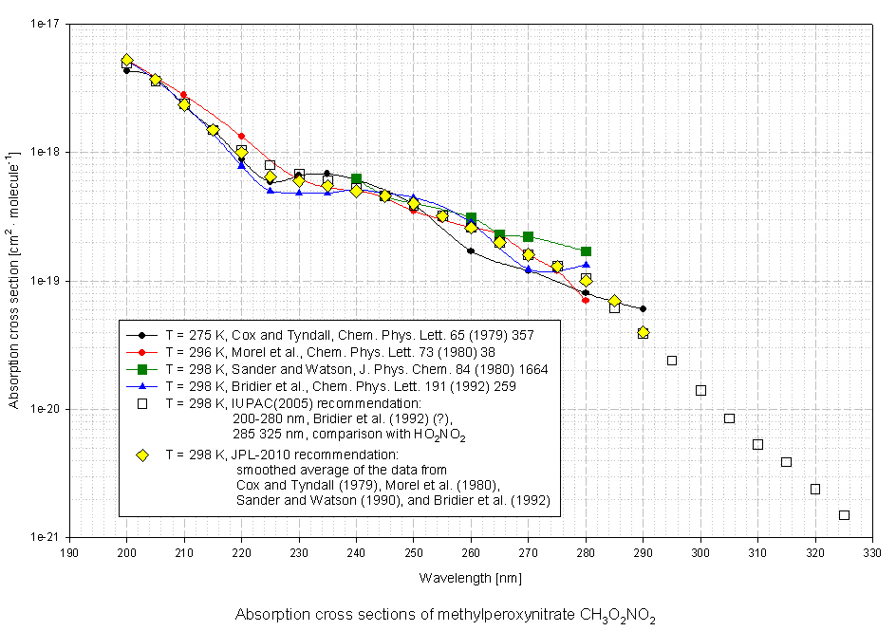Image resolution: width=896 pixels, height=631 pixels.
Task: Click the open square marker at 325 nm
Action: (x=844, y=515)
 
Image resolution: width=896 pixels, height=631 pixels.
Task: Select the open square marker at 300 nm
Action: (x=700, y=390)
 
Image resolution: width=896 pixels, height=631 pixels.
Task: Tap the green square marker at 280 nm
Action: (x=586, y=251)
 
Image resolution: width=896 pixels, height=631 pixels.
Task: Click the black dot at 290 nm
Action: (x=643, y=308)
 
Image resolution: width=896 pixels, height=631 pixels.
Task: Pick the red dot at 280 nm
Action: (x=586, y=300)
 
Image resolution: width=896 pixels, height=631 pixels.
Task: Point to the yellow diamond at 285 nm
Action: (x=614, y=301)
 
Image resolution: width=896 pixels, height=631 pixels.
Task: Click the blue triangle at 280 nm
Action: (x=586, y=265)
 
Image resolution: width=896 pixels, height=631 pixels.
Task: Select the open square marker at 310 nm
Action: (x=757, y=444)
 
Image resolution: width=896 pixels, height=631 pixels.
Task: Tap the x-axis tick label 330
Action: (x=872, y=552)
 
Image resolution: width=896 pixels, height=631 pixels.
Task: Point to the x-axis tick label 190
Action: (x=69, y=552)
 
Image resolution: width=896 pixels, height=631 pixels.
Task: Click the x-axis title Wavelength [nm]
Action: (x=470, y=577)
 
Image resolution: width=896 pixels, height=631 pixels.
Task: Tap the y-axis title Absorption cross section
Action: (x=14, y=280)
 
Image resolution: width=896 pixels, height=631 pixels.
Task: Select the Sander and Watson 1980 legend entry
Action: (x=356, y=368)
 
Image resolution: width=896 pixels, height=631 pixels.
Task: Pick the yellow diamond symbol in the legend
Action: (x=141, y=455)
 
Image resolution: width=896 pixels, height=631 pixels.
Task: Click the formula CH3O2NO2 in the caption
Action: (x=616, y=616)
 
